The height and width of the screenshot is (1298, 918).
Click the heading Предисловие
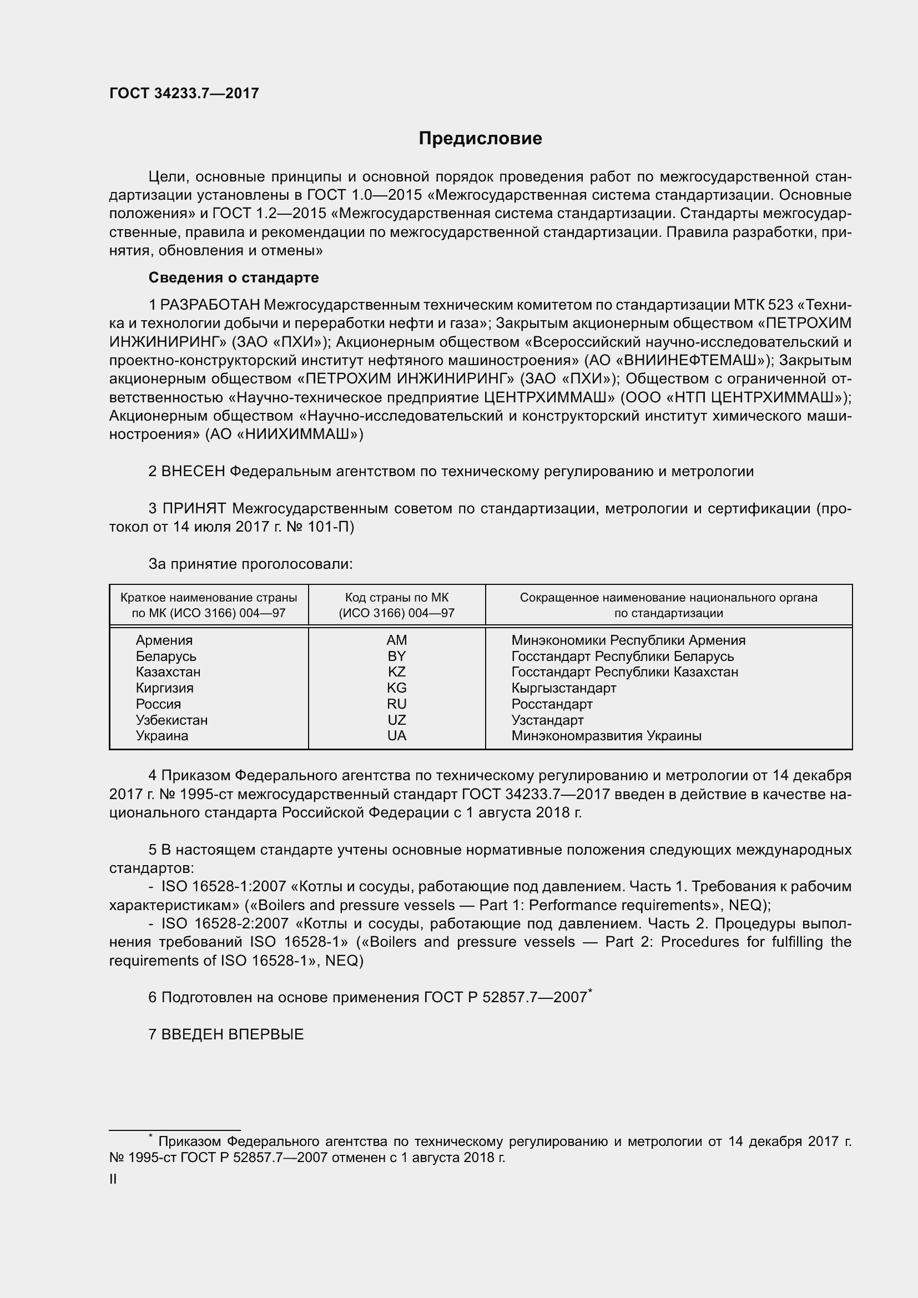click(x=480, y=139)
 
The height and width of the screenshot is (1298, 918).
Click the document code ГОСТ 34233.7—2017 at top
click(x=184, y=94)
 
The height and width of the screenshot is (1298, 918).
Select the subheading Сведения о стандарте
click(x=234, y=277)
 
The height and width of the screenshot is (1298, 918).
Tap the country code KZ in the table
click(x=396, y=671)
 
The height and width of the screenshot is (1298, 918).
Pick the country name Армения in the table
click(x=164, y=640)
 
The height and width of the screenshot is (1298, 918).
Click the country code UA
click(x=396, y=735)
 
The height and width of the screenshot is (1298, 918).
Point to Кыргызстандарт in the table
click(x=563, y=688)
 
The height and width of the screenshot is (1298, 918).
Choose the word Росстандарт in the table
click(x=552, y=704)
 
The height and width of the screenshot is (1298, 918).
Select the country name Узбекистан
click(x=172, y=720)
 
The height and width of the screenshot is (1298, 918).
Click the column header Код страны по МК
click(x=396, y=598)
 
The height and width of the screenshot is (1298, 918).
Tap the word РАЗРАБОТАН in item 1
click(x=210, y=305)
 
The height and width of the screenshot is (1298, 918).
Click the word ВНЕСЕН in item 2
click(x=193, y=472)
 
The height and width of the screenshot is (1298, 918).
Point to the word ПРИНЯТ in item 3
click(x=194, y=509)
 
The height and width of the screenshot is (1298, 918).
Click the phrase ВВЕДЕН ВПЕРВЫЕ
click(x=233, y=1034)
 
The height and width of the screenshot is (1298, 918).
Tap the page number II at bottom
click(x=113, y=1179)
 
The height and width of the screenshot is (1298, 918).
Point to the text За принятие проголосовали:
click(x=250, y=564)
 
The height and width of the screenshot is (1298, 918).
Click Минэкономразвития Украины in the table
click(x=606, y=735)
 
